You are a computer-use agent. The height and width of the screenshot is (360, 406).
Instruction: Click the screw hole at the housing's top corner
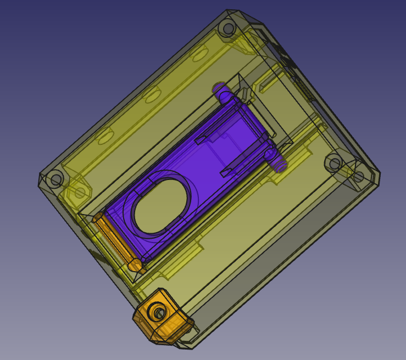pos(226,28)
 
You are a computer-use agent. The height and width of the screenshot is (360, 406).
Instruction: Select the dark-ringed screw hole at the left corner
pos(55,179)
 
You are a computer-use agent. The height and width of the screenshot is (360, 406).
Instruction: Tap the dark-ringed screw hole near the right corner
pos(333,163)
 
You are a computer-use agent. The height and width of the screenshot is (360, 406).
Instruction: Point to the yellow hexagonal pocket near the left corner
pos(80,192)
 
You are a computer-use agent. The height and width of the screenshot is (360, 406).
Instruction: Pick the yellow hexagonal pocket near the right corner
pos(358,177)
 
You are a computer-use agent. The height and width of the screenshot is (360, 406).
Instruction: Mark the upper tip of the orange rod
pos(98,218)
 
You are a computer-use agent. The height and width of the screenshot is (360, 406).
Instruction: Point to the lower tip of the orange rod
pos(135,266)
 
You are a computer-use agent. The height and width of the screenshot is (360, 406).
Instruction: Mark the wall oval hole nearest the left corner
pos(104,137)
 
